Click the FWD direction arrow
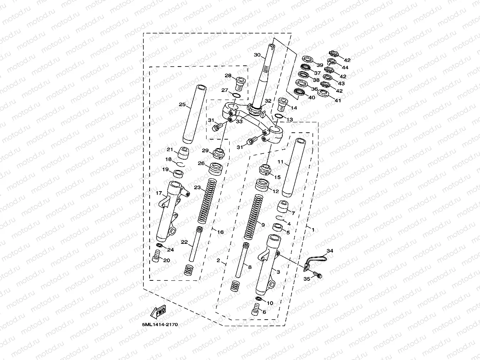click(x=158, y=312)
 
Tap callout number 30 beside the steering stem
click(x=257, y=55)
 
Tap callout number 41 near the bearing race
click(x=338, y=101)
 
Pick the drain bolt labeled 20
click(x=156, y=255)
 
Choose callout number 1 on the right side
click(x=313, y=230)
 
